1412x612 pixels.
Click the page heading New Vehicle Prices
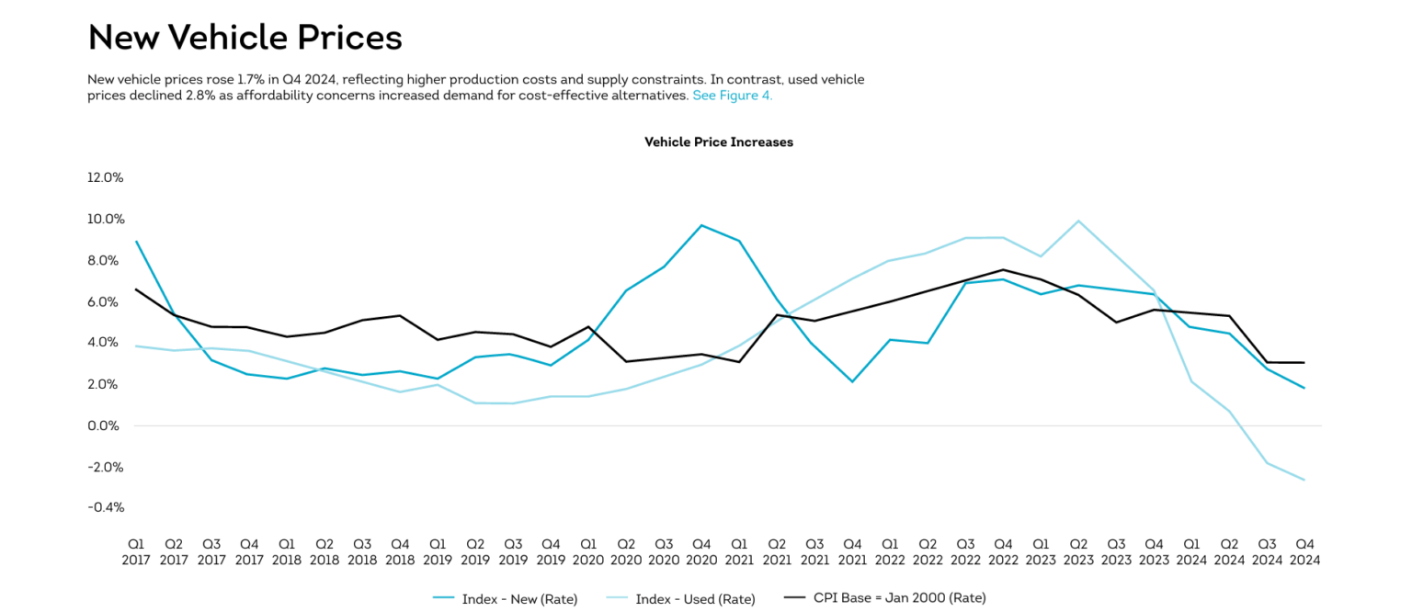pos(245,38)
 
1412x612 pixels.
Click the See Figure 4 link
pos(732,96)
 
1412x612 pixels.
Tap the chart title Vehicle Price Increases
pos(718,142)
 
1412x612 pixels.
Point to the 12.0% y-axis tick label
pos(105,177)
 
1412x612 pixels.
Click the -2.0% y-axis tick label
pos(105,467)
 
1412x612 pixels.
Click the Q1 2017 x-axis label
pos(136,551)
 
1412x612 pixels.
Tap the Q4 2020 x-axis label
pos(701,551)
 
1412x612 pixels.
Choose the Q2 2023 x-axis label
pos(1078,551)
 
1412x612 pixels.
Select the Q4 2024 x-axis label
pos(1304,551)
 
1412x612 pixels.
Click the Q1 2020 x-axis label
pos(588,551)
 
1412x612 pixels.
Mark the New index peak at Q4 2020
pos(701,225)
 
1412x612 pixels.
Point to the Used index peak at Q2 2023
pos(1078,221)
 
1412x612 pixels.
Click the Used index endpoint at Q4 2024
pos(1304,480)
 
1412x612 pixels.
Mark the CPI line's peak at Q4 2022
pos(1003,270)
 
